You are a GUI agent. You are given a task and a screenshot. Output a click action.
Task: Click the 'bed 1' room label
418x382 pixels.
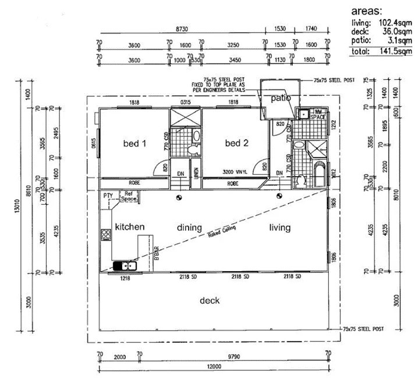(134, 143)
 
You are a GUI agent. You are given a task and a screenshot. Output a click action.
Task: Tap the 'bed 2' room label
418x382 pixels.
(237, 143)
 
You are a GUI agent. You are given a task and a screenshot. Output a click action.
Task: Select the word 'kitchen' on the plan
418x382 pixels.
(129, 226)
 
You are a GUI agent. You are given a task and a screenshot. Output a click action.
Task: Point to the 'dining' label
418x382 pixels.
(190, 227)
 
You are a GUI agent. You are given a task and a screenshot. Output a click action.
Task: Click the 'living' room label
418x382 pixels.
(279, 227)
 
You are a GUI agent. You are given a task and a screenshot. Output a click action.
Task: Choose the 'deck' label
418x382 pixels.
(210, 301)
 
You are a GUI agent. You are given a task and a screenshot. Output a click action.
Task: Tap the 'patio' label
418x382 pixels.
(281, 99)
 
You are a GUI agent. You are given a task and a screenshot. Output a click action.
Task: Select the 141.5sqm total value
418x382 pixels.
(396, 51)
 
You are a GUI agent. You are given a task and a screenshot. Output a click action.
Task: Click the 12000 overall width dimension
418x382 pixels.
(214, 366)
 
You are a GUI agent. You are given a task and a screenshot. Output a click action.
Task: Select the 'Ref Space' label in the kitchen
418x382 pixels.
(128, 197)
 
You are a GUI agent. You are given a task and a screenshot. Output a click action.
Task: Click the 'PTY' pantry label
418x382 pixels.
(108, 196)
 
